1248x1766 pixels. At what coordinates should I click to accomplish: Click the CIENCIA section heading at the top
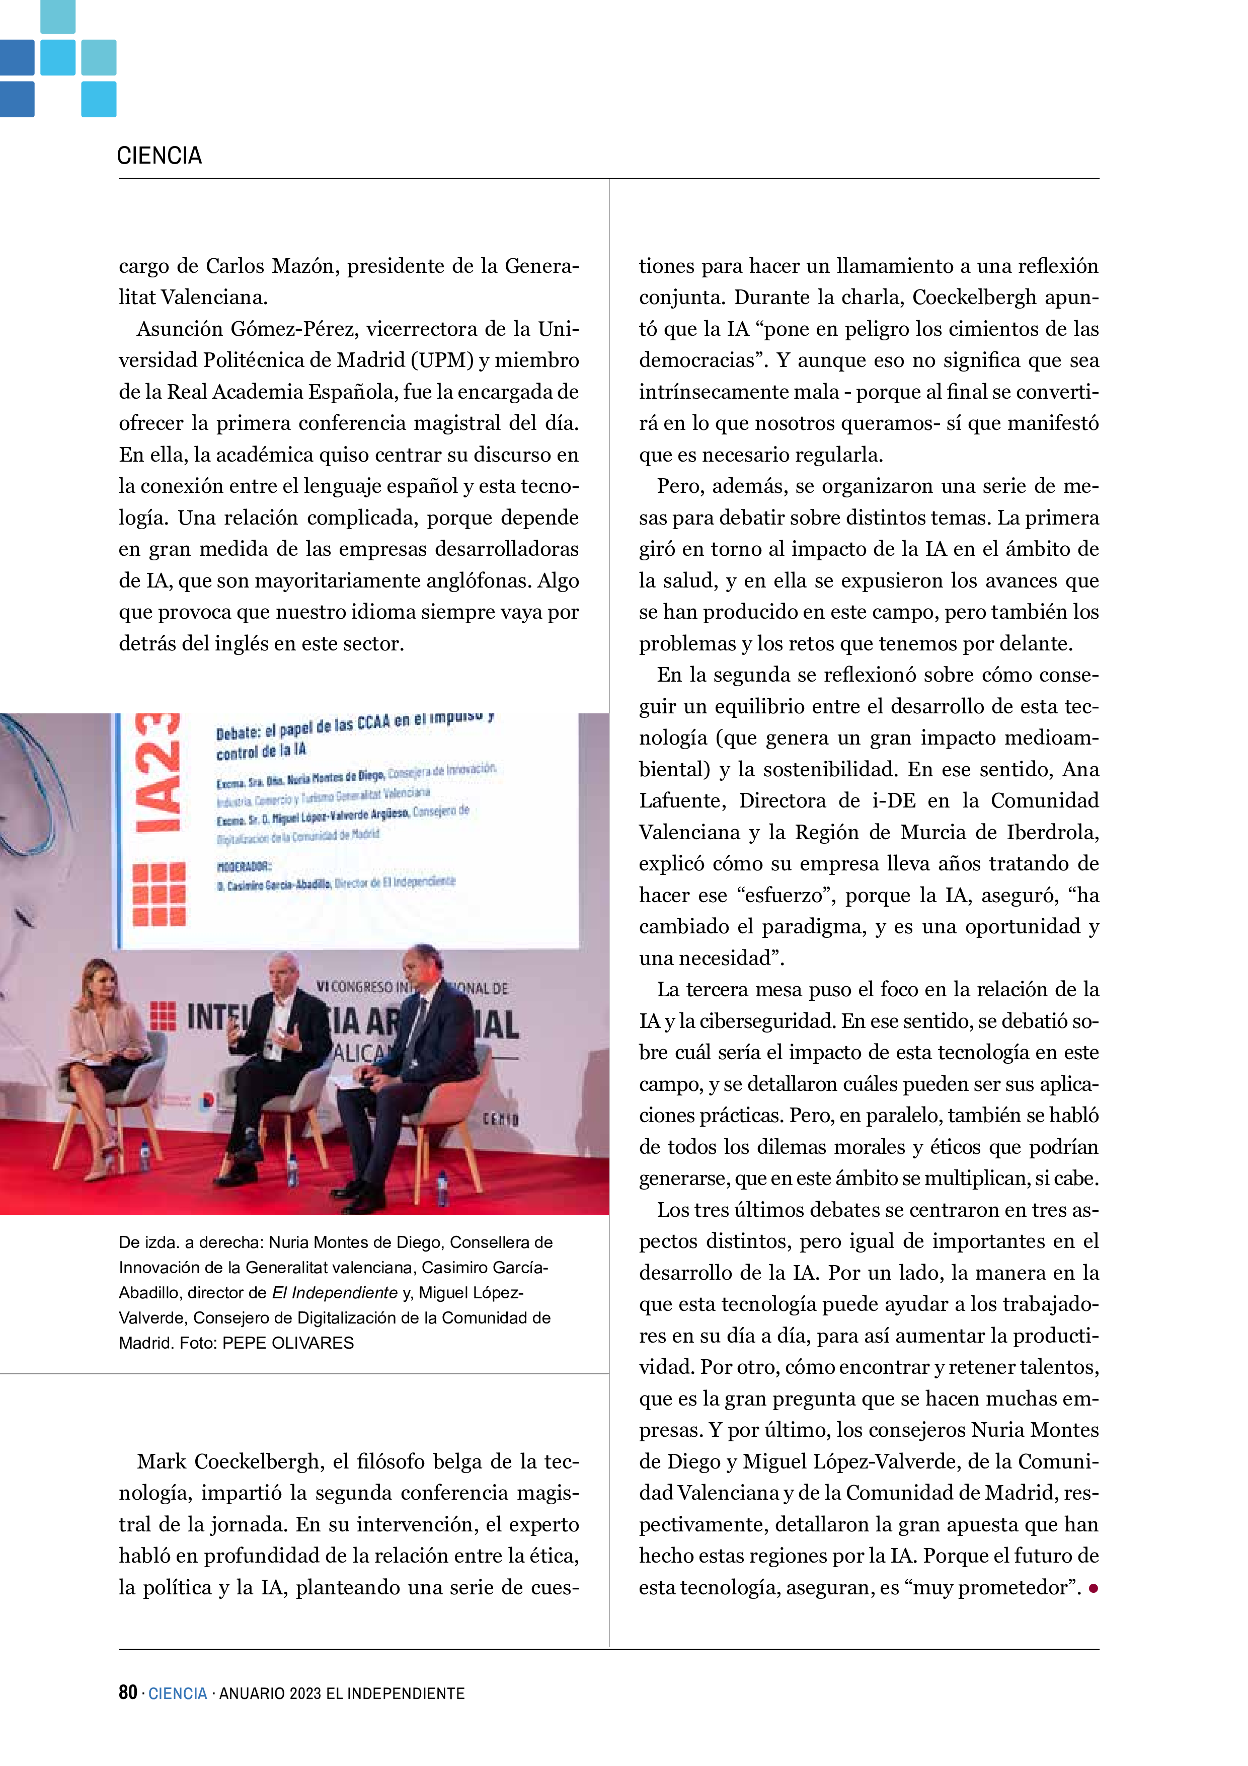coord(159,156)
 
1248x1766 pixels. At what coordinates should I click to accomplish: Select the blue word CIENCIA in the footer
coord(178,1693)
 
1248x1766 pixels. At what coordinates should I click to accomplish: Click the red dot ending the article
coord(1093,1588)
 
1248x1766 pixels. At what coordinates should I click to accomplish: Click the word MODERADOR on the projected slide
coord(244,867)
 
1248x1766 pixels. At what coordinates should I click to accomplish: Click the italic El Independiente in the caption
coord(335,1293)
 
